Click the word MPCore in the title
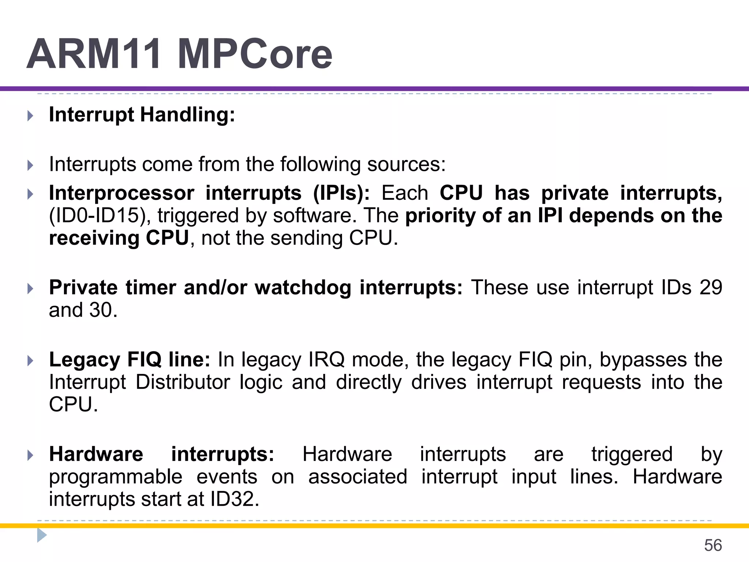click(x=255, y=54)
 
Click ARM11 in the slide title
click(x=94, y=54)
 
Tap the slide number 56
click(x=713, y=545)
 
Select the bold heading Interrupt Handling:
click(x=142, y=115)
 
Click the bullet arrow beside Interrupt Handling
click(x=30, y=116)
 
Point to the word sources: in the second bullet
click(x=406, y=164)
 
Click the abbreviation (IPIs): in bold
click(x=341, y=193)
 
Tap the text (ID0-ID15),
click(x=100, y=216)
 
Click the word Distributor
click(x=182, y=382)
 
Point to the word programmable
click(x=116, y=477)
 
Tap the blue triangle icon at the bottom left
click(x=42, y=535)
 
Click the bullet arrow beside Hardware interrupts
click(x=30, y=456)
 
